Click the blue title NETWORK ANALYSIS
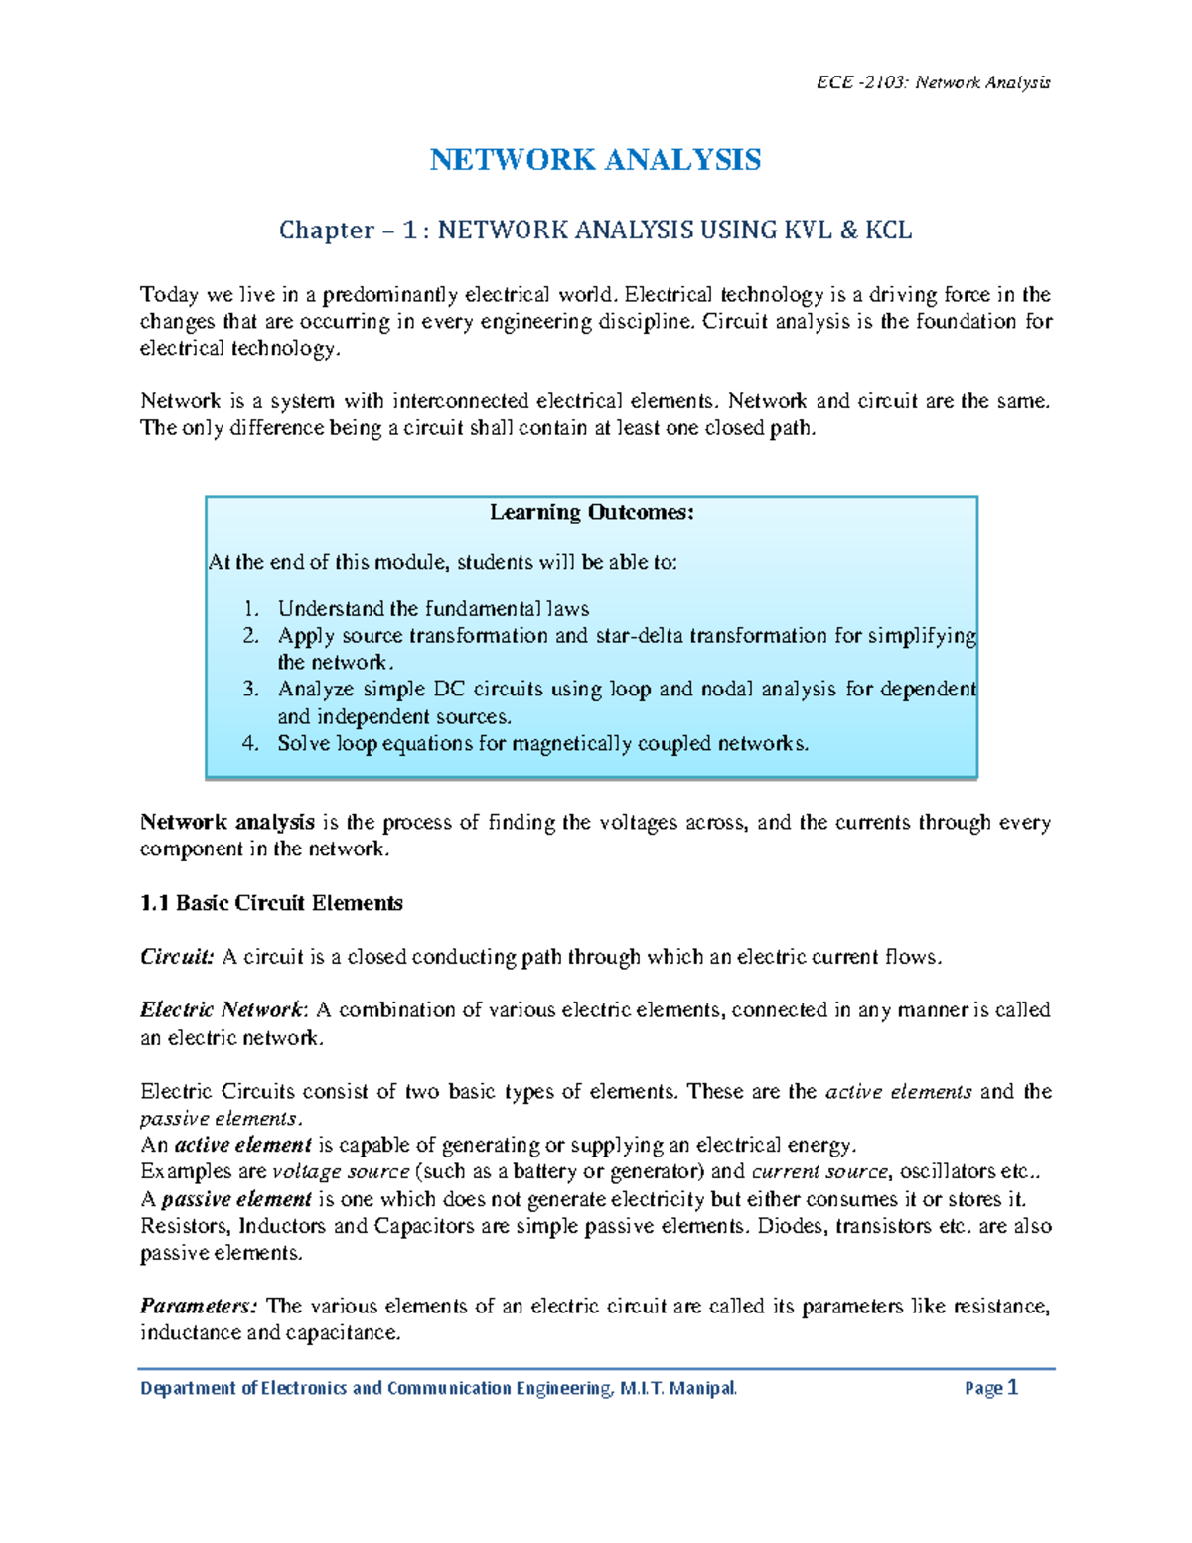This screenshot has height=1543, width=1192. [595, 160]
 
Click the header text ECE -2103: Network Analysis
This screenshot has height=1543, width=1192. [933, 82]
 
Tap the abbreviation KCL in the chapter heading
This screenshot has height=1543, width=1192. [888, 231]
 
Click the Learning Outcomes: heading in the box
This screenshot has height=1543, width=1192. [591, 513]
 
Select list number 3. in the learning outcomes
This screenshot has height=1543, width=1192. [251, 690]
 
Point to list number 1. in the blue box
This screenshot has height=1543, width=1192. [251, 609]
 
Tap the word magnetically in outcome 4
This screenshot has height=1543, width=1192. [571, 744]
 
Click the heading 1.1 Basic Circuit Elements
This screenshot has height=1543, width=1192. [271, 903]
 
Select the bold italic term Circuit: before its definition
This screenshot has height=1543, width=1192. [177, 957]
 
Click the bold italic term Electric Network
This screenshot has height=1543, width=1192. [222, 1010]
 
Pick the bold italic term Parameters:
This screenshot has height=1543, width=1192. [199, 1306]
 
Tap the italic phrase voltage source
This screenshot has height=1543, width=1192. [341, 1172]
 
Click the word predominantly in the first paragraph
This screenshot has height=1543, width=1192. [390, 295]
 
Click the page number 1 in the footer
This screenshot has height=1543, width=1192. [1012, 1388]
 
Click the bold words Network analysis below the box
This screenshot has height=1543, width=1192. [227, 823]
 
